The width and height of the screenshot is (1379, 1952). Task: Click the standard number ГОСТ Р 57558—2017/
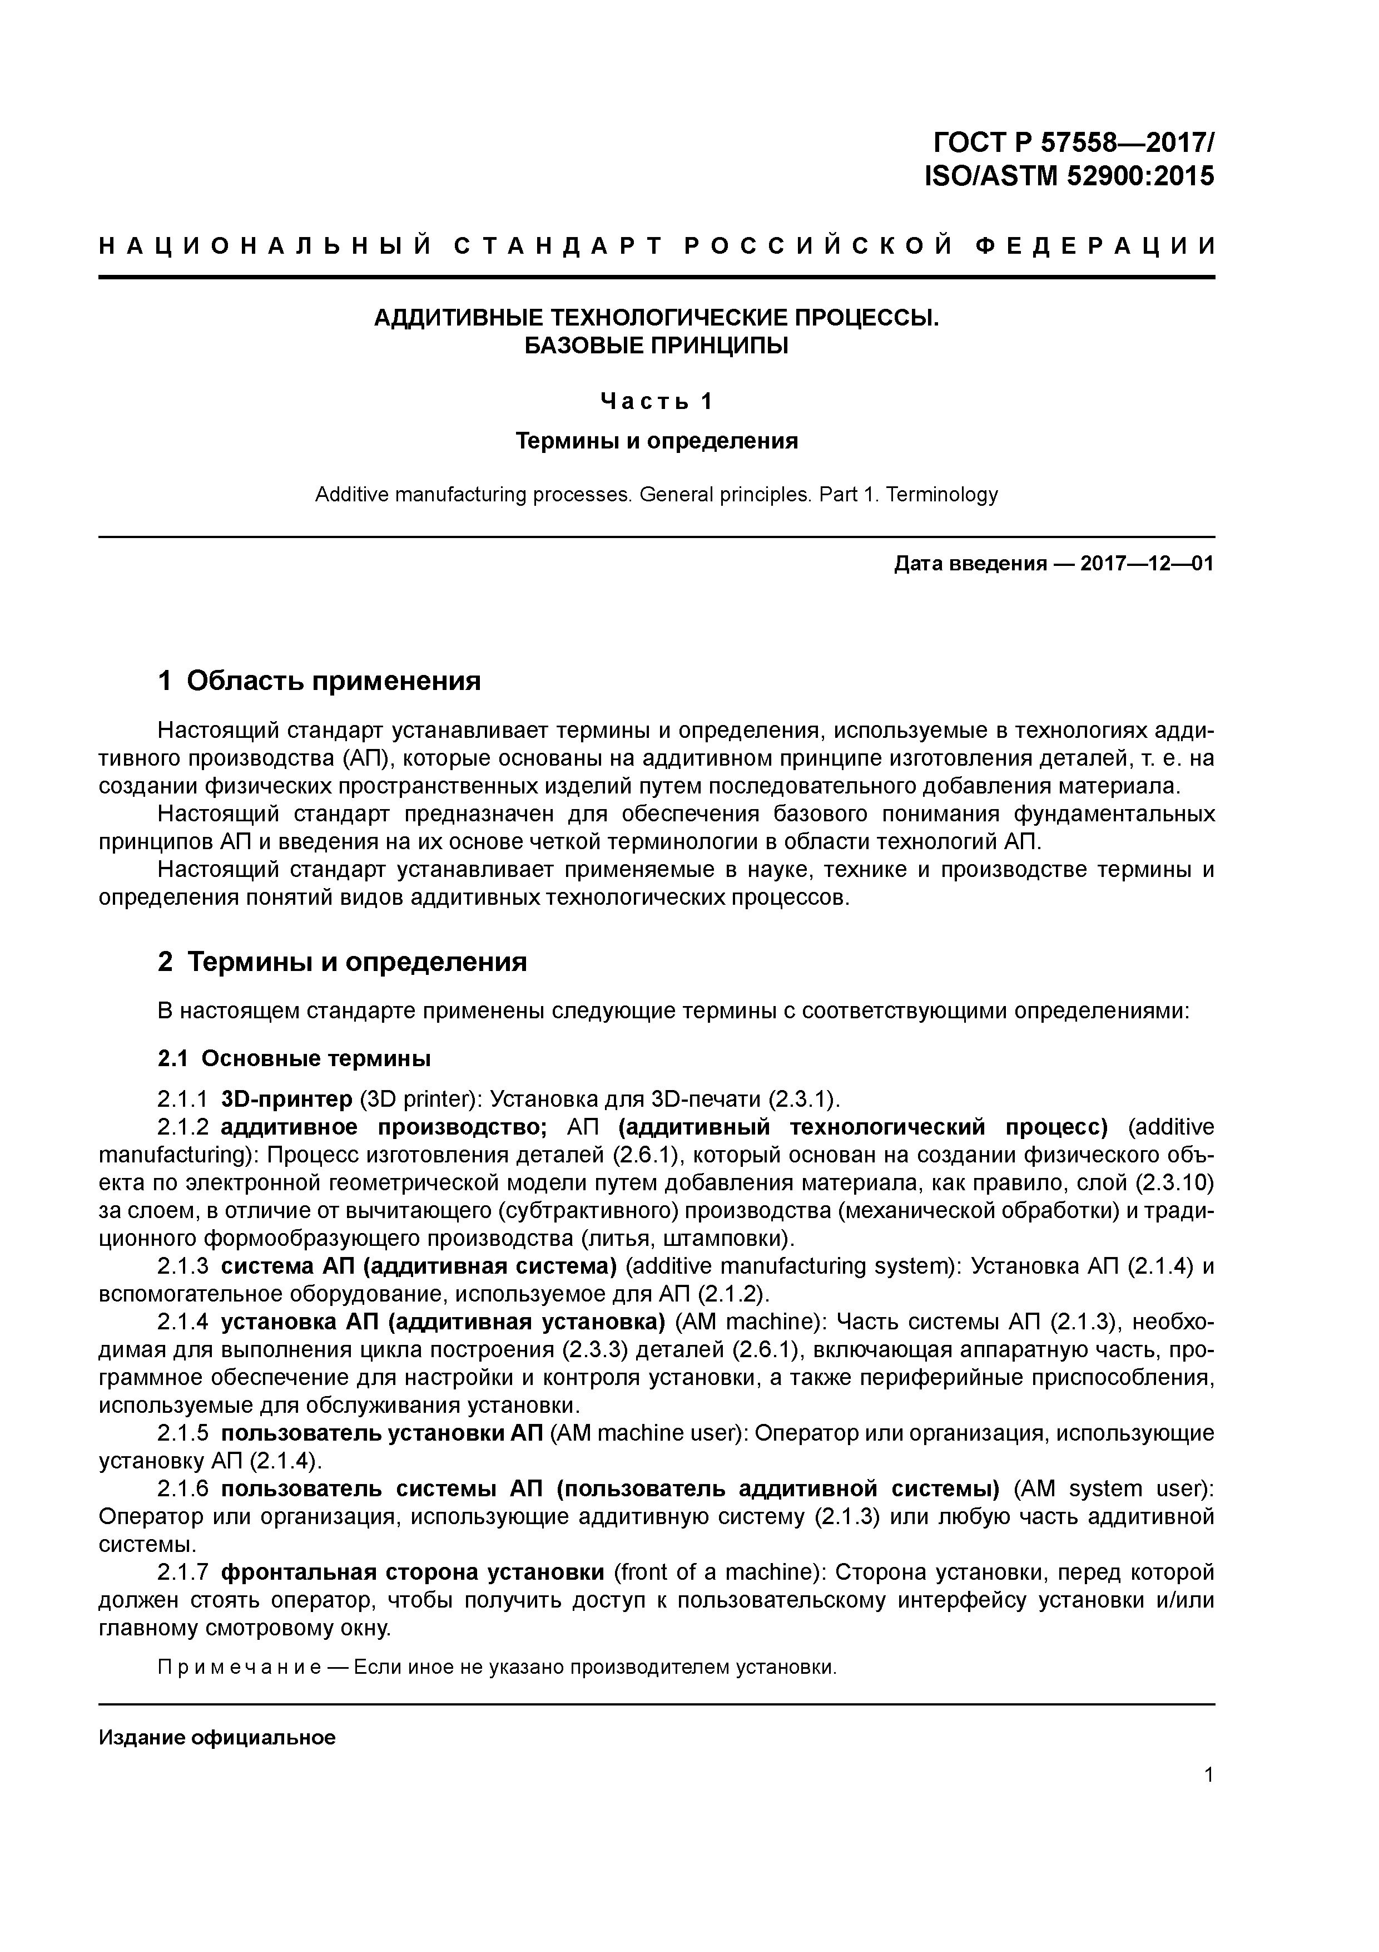(x=1073, y=141)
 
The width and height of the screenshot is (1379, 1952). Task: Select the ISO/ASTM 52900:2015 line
(x=1069, y=176)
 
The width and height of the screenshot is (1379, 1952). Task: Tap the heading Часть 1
(x=656, y=401)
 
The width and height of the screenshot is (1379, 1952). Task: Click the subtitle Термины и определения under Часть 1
(x=656, y=440)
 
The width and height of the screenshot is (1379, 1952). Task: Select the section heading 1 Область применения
(x=320, y=680)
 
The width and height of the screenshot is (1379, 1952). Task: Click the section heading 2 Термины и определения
(x=343, y=962)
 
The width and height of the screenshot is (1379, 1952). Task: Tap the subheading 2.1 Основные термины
(x=294, y=1058)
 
